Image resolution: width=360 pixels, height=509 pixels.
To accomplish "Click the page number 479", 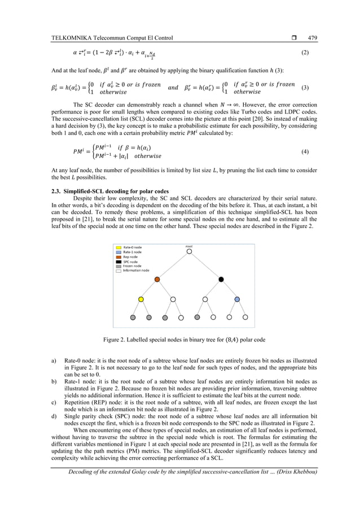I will coord(313,38).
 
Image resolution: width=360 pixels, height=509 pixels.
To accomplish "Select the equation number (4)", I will coord(305,152).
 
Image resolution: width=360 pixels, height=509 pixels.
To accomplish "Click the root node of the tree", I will coord(189,251).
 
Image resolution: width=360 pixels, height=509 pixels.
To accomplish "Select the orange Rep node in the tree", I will coord(157,279).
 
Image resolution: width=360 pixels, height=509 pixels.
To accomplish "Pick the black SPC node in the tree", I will coord(221,279).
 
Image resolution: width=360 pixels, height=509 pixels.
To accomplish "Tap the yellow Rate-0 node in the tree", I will coord(141,299).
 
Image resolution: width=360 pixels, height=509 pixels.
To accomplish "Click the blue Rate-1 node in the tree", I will coord(237,299).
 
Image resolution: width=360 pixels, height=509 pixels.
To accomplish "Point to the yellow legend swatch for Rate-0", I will coord(117,247).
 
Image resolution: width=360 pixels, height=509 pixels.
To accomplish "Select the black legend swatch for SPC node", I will coord(117,261).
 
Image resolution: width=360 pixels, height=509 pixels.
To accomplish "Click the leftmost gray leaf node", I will coord(133,318).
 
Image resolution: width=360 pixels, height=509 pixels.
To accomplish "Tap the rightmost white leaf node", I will coord(245,318).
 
